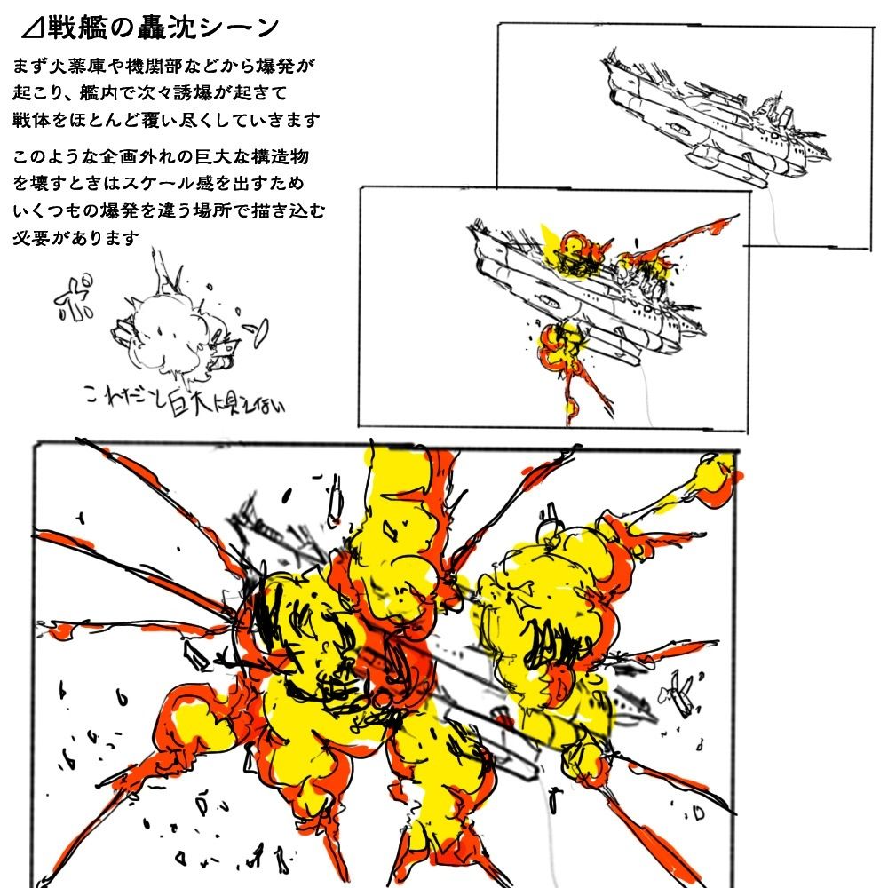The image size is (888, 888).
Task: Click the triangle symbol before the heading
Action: (x=32, y=30)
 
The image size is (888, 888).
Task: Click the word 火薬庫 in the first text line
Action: (x=84, y=66)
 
